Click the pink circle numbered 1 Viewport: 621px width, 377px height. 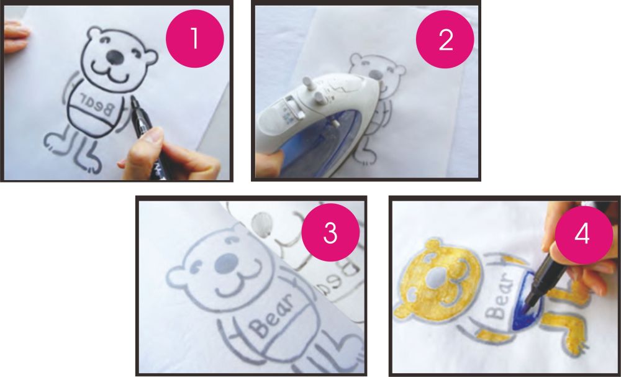pos(194,39)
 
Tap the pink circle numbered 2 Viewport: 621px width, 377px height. pos(445,39)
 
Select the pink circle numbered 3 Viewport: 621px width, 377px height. pos(330,232)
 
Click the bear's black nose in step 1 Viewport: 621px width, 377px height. pos(115,57)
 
